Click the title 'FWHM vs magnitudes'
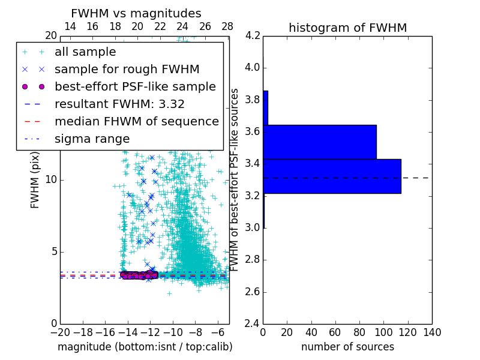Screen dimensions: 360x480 pyautogui.click(x=136, y=13)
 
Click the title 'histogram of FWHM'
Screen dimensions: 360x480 pyautogui.click(x=347, y=28)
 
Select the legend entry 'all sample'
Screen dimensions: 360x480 pyautogui.click(x=85, y=52)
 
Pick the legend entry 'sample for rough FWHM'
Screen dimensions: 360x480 pyautogui.click(x=127, y=70)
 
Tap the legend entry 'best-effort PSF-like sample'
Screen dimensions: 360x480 pyautogui.click(x=135, y=87)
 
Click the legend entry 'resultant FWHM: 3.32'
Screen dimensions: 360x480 pyautogui.click(x=119, y=104)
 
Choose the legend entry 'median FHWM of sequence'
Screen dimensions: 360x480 pyautogui.click(x=136, y=122)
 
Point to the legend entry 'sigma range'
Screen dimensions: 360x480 pyautogui.click(x=92, y=139)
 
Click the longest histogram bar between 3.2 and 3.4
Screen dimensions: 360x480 pyautogui.click(x=332, y=176)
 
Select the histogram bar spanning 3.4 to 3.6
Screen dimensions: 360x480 pyautogui.click(x=320, y=142)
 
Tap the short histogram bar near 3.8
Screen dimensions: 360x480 pyautogui.click(x=265, y=107)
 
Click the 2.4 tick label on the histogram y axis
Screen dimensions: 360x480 pyautogui.click(x=253, y=324)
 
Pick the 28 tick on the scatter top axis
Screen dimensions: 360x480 pyautogui.click(x=227, y=26)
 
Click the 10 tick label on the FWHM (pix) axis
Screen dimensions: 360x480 pyautogui.click(x=50, y=180)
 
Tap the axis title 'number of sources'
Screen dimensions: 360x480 pyautogui.click(x=347, y=347)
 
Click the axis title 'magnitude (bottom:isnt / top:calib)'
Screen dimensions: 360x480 pyautogui.click(x=145, y=347)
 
